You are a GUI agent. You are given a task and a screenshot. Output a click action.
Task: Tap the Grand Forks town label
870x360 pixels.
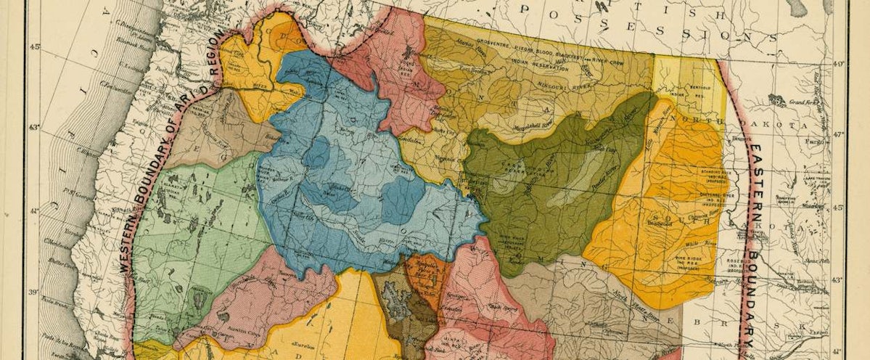point(800,102)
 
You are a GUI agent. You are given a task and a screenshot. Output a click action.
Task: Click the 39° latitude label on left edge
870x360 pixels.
point(33,292)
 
